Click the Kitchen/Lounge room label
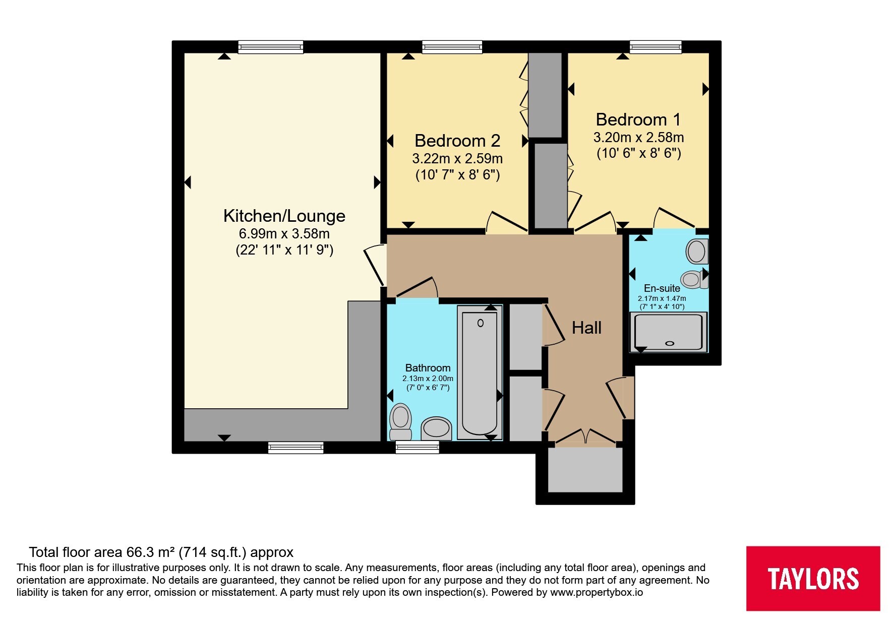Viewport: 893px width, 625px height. [x=284, y=216]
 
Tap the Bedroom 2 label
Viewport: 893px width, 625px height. [x=457, y=140]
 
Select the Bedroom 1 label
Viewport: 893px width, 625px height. [x=638, y=119]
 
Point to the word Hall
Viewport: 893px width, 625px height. [x=586, y=328]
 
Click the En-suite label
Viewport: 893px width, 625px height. [x=662, y=288]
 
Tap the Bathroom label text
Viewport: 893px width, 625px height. [x=428, y=368]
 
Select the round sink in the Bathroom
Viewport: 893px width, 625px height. [x=436, y=428]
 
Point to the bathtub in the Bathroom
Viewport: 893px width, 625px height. [x=480, y=373]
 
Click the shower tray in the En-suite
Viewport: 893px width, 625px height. [x=669, y=332]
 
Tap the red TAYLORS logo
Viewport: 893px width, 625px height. [x=813, y=579]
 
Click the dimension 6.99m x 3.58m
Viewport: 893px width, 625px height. [x=284, y=234]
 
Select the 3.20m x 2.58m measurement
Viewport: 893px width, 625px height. [x=638, y=137]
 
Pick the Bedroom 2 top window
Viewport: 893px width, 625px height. [x=452, y=47]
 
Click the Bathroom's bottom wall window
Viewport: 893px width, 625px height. [x=418, y=448]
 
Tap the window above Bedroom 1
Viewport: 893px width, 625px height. [x=656, y=47]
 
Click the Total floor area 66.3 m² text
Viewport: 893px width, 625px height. [x=161, y=552]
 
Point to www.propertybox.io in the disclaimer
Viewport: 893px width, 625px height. [x=597, y=592]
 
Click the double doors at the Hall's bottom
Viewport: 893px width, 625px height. [x=586, y=437]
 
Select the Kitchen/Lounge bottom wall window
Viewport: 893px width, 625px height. [x=296, y=448]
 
